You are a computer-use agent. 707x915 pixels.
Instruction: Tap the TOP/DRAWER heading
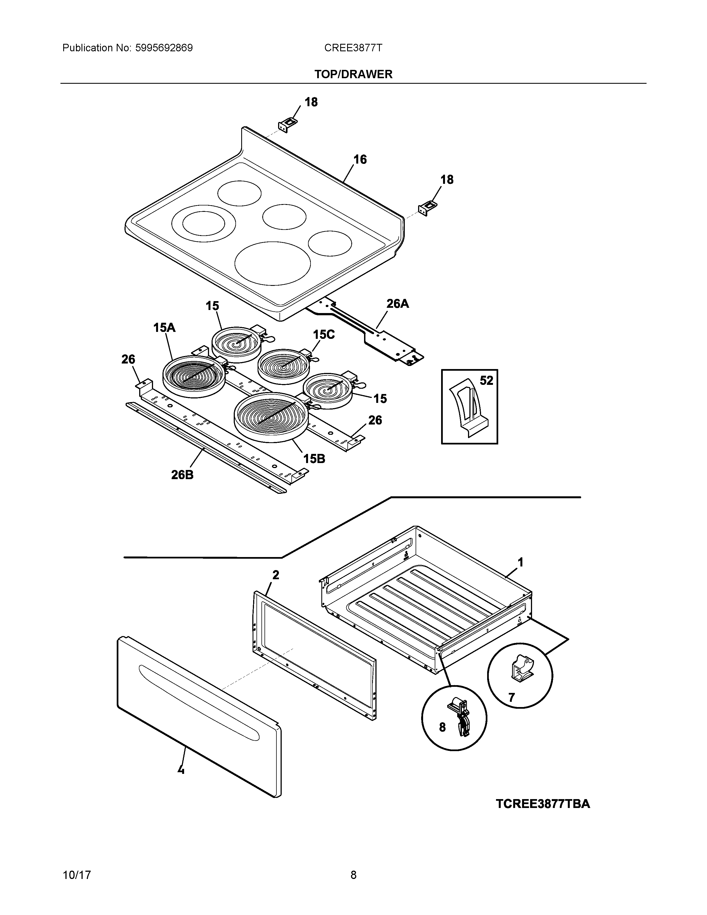click(353, 74)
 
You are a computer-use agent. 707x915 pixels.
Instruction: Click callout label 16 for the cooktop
click(360, 160)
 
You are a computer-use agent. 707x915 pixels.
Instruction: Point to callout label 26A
click(397, 304)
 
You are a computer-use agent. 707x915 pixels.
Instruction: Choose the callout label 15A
click(164, 328)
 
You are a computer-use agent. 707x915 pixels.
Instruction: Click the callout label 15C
click(324, 334)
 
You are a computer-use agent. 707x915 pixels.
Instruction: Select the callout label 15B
click(314, 459)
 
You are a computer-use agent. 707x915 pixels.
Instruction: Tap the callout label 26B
click(182, 475)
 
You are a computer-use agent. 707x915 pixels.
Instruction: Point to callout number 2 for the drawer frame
click(276, 575)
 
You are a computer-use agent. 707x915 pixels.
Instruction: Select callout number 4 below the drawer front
click(181, 770)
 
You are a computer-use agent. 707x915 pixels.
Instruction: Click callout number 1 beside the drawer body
click(521, 562)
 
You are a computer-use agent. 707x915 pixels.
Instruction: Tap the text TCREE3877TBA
click(543, 804)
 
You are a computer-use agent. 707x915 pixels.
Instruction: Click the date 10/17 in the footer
click(77, 875)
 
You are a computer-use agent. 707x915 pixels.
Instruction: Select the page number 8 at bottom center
click(353, 875)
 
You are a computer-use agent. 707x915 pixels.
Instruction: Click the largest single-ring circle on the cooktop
click(273, 263)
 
